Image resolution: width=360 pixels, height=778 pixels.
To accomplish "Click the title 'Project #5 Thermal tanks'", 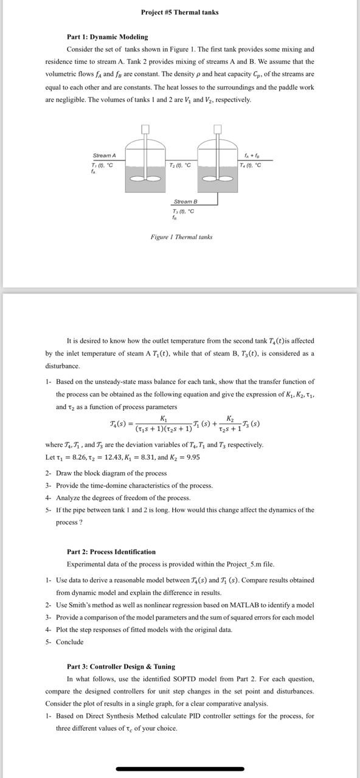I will click(x=179, y=12).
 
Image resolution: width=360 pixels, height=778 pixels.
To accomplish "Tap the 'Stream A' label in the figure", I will click(x=104, y=156).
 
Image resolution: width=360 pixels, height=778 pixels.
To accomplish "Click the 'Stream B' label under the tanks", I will click(x=185, y=201).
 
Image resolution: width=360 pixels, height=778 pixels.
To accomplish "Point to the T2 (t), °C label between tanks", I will click(x=181, y=165).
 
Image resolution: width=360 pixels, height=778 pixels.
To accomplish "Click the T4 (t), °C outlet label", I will click(x=251, y=165).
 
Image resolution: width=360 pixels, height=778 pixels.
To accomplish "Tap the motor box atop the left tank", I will click(x=145, y=128).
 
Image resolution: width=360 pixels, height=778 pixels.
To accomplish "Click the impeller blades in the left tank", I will click(x=145, y=179).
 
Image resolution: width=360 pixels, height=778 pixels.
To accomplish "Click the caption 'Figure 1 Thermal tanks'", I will click(x=181, y=236).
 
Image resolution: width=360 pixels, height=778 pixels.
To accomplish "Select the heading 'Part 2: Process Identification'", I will click(x=111, y=552).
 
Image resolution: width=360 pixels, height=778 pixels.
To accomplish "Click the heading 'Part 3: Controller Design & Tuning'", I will click(x=120, y=666).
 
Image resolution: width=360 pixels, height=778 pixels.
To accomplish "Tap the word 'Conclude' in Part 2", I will click(x=69, y=642).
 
